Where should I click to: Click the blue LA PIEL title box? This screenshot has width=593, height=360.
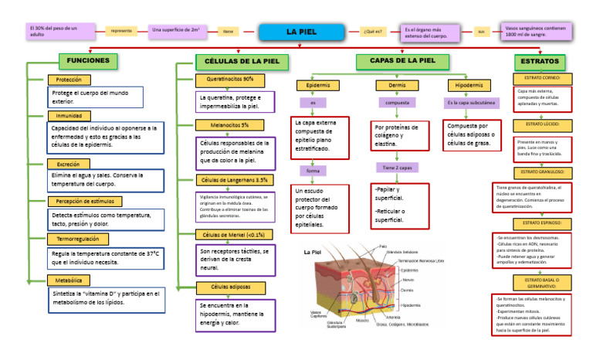click(301, 32)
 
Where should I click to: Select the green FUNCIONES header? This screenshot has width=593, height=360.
click(89, 60)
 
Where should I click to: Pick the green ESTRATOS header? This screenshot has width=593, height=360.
click(540, 61)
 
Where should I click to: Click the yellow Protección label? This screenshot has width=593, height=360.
click(69, 80)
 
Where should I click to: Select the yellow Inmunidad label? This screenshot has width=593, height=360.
click(69, 116)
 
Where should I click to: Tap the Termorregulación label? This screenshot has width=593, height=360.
click(80, 239)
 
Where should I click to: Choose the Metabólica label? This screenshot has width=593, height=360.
click(69, 280)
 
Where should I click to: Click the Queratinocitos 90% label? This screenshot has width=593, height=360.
click(231, 80)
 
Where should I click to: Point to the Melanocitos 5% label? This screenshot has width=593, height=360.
click(229, 124)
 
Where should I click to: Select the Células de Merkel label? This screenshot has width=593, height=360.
click(232, 235)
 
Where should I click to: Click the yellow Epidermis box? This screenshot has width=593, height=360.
click(318, 85)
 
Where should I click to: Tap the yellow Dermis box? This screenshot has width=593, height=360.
click(397, 85)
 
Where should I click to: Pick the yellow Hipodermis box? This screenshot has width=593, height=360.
click(471, 85)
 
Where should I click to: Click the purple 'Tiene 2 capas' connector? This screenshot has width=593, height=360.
click(397, 167)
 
